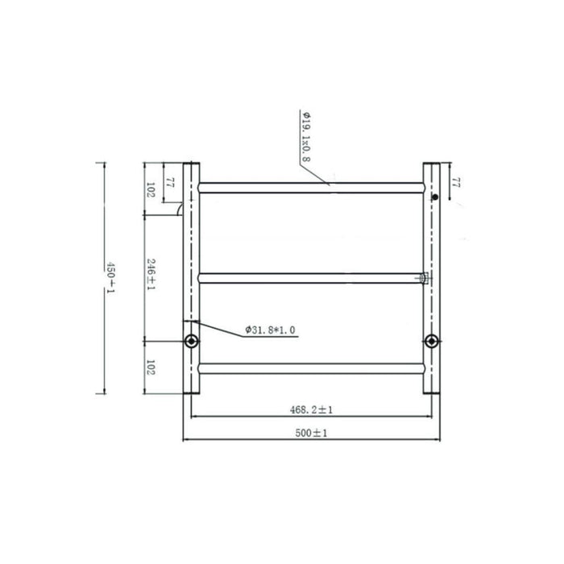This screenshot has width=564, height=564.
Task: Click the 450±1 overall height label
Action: (x=112, y=278)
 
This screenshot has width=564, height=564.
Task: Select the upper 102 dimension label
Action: (x=151, y=190)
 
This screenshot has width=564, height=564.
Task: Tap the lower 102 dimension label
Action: (x=151, y=368)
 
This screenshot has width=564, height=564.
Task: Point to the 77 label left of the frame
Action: (x=168, y=183)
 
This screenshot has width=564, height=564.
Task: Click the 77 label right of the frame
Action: (x=455, y=183)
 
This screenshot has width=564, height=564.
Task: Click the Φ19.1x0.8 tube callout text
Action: (x=305, y=136)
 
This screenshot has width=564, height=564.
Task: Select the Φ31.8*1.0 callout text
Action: (x=270, y=330)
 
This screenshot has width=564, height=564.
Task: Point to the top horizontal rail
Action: (x=311, y=188)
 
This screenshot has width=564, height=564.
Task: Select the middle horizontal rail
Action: (x=311, y=278)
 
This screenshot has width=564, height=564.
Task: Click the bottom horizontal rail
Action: (x=311, y=368)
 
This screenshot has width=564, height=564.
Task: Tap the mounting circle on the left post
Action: (x=191, y=341)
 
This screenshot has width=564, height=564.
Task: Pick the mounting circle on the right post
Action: (x=432, y=341)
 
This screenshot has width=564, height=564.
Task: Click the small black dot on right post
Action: (x=434, y=197)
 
